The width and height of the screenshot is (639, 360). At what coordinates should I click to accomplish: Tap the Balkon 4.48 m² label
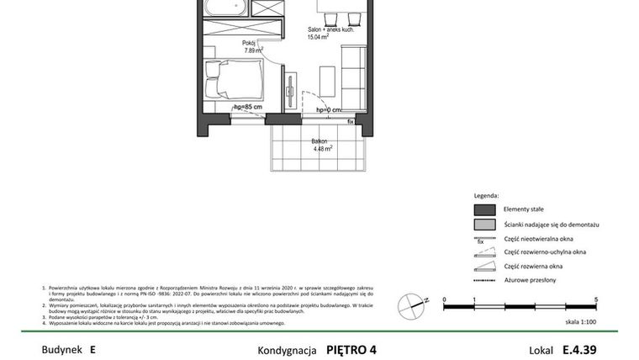click(x=319, y=145)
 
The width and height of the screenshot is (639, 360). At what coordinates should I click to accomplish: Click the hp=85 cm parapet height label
click(x=248, y=109)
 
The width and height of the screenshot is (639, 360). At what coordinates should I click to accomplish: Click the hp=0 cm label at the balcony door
click(x=329, y=109)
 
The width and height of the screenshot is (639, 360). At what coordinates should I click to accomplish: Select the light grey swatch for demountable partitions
click(x=484, y=225)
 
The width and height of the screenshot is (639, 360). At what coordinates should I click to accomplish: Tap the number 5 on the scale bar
click(x=595, y=299)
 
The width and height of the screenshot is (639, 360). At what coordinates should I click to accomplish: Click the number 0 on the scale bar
click(x=445, y=299)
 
